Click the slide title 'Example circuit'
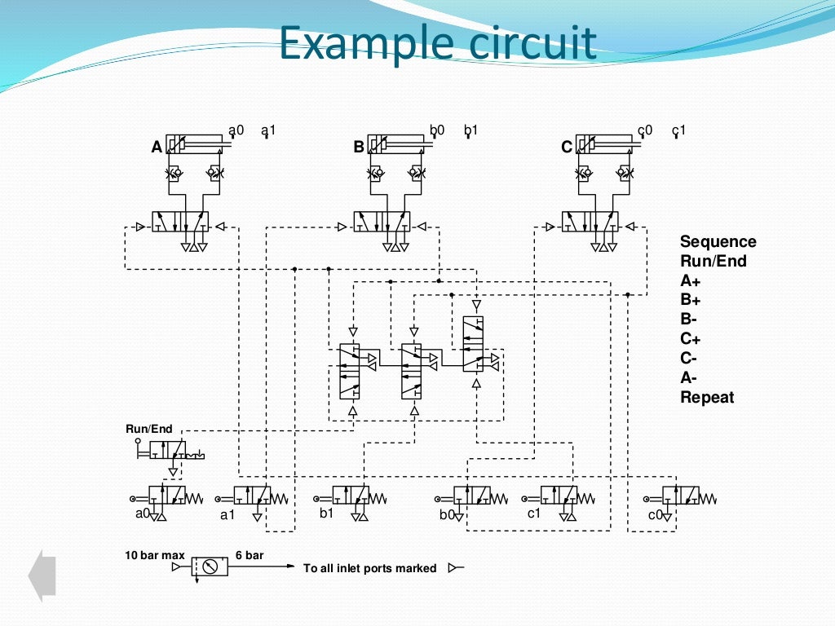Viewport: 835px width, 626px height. click(x=437, y=44)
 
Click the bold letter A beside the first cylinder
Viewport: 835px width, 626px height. click(x=157, y=148)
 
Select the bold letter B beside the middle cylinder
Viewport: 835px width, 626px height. click(x=359, y=148)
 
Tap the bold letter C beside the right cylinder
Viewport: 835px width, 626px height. click(x=567, y=148)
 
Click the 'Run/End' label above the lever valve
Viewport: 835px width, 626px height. click(x=149, y=429)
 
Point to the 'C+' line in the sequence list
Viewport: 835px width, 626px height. click(x=691, y=339)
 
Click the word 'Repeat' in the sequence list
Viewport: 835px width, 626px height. click(x=707, y=398)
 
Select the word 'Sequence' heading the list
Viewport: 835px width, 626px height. click(x=718, y=241)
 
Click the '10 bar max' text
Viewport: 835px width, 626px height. click(x=155, y=555)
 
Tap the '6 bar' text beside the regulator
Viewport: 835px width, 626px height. click(x=250, y=555)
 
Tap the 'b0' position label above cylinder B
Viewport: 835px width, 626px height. click(x=437, y=130)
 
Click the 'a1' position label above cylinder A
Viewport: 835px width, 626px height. click(x=268, y=130)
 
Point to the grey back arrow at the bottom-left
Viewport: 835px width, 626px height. click(x=42, y=575)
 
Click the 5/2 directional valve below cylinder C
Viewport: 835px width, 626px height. click(x=590, y=222)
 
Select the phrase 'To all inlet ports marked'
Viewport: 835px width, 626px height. click(x=369, y=568)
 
